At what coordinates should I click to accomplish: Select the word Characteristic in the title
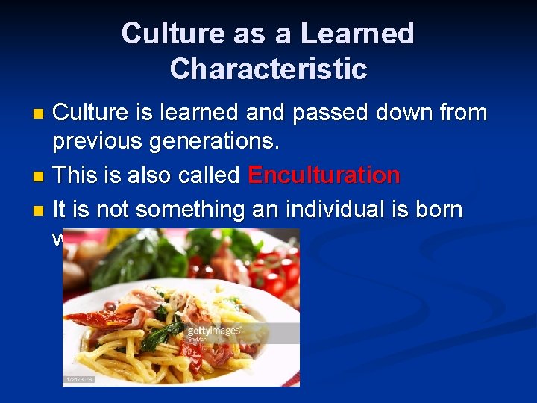(268, 69)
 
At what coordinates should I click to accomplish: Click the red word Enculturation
(324, 175)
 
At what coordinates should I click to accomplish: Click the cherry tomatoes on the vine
(276, 272)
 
